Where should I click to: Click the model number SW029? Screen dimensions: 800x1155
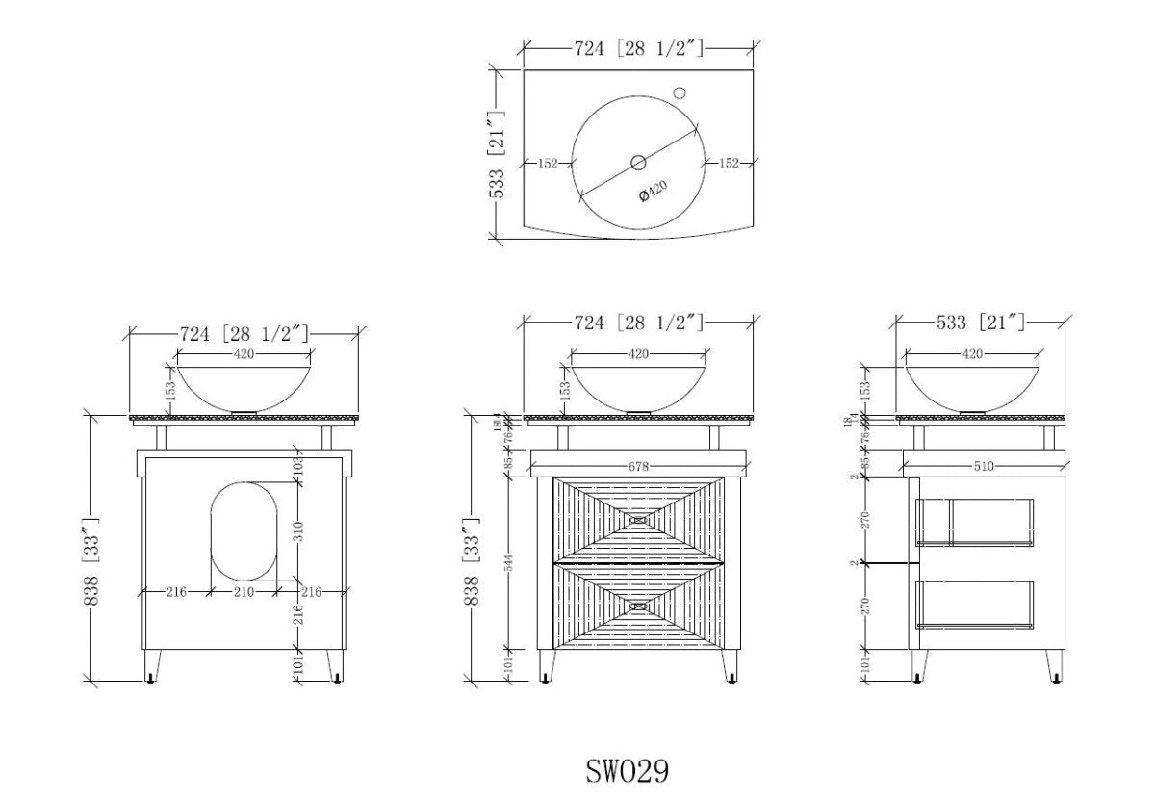click(627, 771)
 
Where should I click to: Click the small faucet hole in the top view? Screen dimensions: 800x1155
click(680, 93)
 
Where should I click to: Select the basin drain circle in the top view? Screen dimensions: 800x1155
click(639, 162)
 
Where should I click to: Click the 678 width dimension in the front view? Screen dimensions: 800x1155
click(639, 466)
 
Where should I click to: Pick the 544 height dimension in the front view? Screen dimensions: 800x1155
click(510, 564)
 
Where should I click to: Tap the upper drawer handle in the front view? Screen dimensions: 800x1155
click(639, 520)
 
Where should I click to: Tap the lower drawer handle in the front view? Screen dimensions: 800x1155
click(639, 606)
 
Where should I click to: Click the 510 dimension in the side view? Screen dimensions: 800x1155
click(983, 466)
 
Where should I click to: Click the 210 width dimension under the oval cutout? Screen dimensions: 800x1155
click(244, 591)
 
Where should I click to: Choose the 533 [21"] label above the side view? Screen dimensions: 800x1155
click(981, 322)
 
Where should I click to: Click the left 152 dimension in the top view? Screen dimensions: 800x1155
click(547, 163)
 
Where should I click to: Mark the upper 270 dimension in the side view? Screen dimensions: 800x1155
click(865, 520)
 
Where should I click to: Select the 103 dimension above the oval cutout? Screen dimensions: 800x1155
click(298, 469)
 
